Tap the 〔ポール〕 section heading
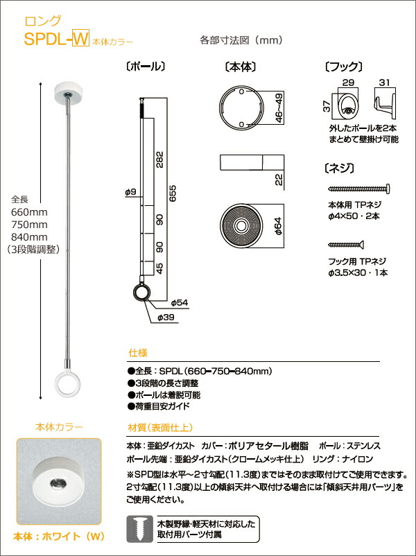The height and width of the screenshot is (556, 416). (x=144, y=67)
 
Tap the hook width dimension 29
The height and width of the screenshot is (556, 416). (x=349, y=82)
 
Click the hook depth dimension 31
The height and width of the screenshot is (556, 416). (x=384, y=82)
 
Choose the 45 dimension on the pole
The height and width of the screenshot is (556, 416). (x=159, y=268)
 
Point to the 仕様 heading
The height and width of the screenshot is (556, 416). (x=137, y=353)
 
